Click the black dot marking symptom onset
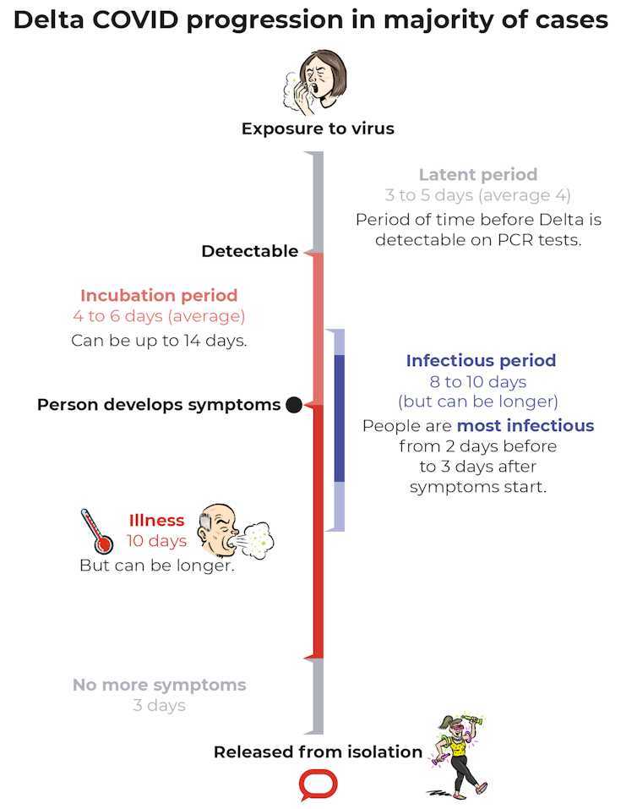pos(294,405)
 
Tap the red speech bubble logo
pos(318,785)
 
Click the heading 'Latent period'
pos(478,175)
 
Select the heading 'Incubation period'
pos(159,296)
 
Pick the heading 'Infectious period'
pos(481,361)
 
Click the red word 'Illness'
pos(156,521)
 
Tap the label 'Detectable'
pos(249,251)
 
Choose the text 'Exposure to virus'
pos(318,129)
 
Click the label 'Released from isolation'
pos(318,752)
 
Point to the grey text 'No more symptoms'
pos(159,685)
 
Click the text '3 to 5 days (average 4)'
pos(478,195)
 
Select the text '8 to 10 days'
pos(478,382)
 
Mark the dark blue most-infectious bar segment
pos(340,418)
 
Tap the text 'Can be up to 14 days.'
pos(159,341)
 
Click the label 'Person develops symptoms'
pos(159,405)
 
